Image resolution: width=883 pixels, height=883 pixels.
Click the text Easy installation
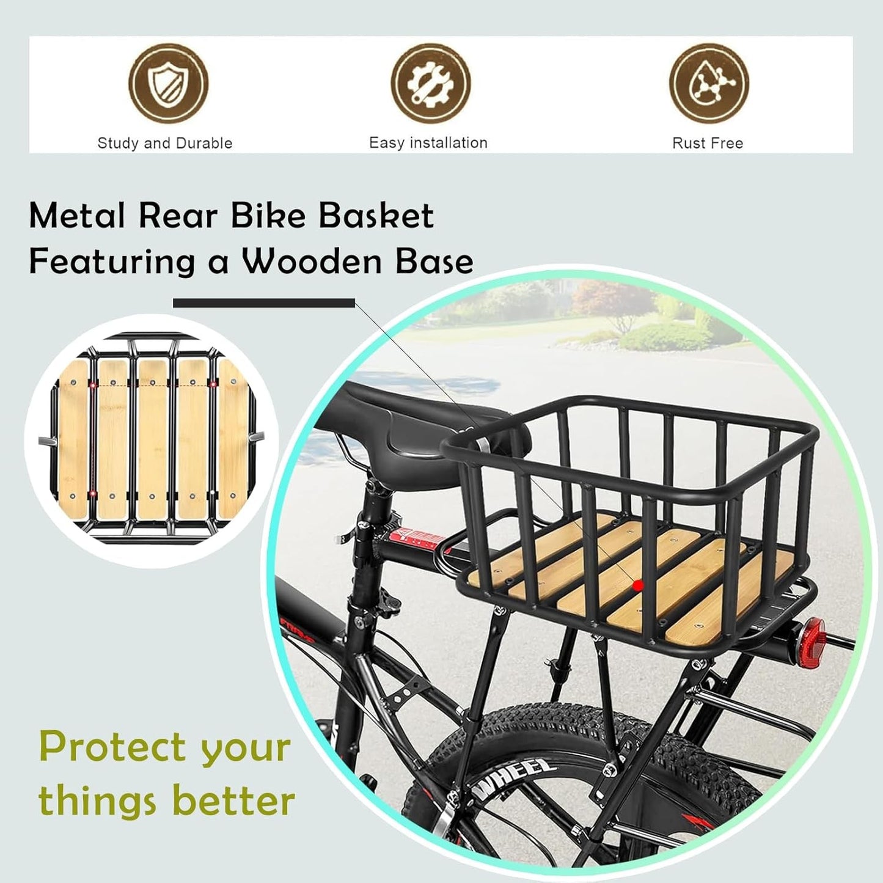tap(428, 143)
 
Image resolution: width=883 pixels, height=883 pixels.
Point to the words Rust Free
tap(708, 144)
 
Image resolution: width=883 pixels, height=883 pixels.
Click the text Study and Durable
tap(165, 144)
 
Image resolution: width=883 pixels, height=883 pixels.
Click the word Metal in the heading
tap(77, 216)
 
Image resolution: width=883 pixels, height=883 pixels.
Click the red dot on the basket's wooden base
tap(639, 585)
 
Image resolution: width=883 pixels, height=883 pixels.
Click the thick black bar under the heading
tap(264, 303)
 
